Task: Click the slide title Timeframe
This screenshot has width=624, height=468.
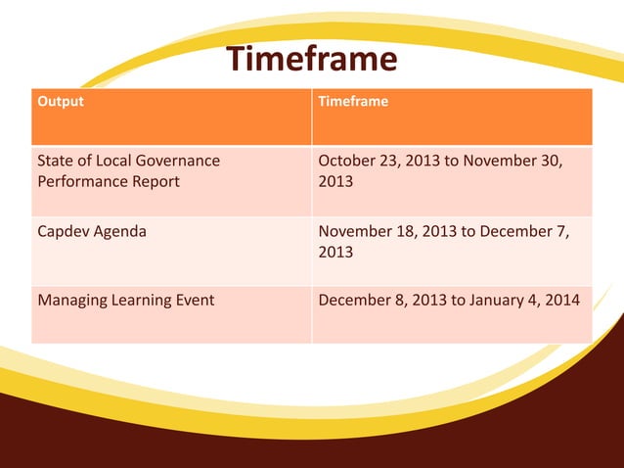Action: point(312,60)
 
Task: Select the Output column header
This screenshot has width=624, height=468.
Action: point(60,102)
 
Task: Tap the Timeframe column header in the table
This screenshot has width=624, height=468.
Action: point(353,102)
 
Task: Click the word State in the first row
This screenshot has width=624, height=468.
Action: point(56,161)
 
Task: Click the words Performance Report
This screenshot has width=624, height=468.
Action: point(108,182)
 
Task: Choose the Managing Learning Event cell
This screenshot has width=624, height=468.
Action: point(125,300)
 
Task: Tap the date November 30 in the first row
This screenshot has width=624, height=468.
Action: point(520,161)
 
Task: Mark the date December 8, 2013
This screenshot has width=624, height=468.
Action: point(382,300)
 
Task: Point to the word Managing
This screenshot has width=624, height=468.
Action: point(71,300)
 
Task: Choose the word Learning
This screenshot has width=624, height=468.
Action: point(140,300)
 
